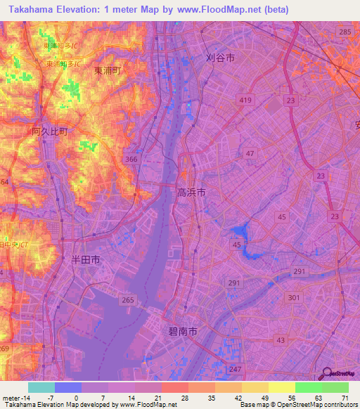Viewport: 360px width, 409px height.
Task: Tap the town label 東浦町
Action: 108,71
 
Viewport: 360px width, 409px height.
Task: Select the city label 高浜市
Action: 191,191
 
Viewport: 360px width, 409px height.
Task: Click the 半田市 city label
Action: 86,259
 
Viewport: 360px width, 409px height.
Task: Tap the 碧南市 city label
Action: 184,329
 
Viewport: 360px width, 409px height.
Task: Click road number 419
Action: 245,101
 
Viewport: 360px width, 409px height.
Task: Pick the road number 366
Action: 130,160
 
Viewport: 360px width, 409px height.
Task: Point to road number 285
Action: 345,32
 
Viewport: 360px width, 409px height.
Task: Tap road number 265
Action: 127,299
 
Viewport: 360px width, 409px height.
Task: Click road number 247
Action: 235,369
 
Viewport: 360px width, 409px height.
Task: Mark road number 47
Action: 250,152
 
